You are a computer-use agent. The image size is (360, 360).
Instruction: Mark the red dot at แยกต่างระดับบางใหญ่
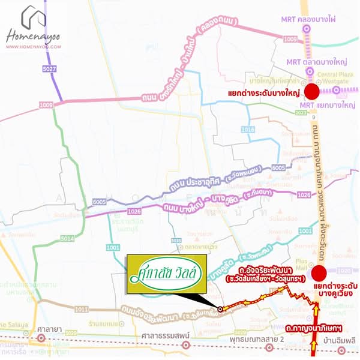tap(312, 92)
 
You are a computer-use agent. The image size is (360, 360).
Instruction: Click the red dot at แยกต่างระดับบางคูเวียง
tap(319, 273)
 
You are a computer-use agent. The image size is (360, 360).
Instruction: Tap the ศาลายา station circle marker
tap(41, 337)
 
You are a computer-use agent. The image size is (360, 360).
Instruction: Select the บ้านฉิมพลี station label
tap(339, 340)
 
